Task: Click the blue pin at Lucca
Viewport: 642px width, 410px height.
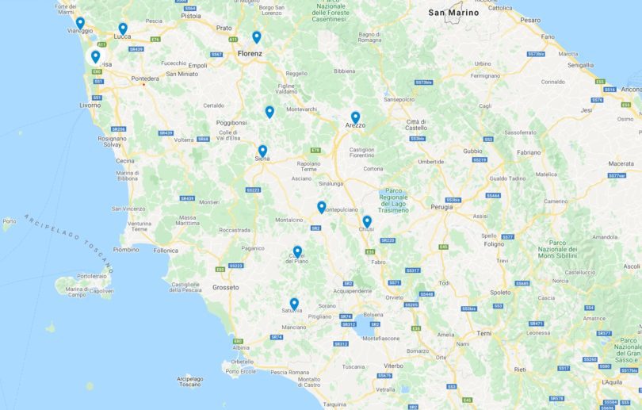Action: pyautogui.click(x=123, y=29)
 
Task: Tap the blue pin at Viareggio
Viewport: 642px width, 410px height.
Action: pyautogui.click(x=80, y=23)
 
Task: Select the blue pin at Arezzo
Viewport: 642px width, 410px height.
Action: pyautogui.click(x=355, y=117)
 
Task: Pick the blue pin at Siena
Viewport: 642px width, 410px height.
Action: pyautogui.click(x=262, y=150)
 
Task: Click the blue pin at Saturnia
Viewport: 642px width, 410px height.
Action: pyautogui.click(x=294, y=303)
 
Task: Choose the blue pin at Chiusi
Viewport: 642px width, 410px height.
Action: pyautogui.click(x=367, y=221)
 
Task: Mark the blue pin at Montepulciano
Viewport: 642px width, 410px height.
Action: pyautogui.click(x=322, y=206)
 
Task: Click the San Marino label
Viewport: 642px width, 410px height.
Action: pyautogui.click(x=453, y=13)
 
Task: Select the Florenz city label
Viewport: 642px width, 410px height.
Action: pyautogui.click(x=250, y=53)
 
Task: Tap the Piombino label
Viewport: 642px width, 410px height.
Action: pyautogui.click(x=127, y=249)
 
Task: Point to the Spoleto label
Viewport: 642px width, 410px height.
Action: pyautogui.click(x=501, y=292)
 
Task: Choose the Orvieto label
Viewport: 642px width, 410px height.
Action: pyautogui.click(x=394, y=297)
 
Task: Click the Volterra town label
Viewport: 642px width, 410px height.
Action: pyautogui.click(x=184, y=140)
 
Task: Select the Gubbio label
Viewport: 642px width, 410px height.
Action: pyautogui.click(x=472, y=150)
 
